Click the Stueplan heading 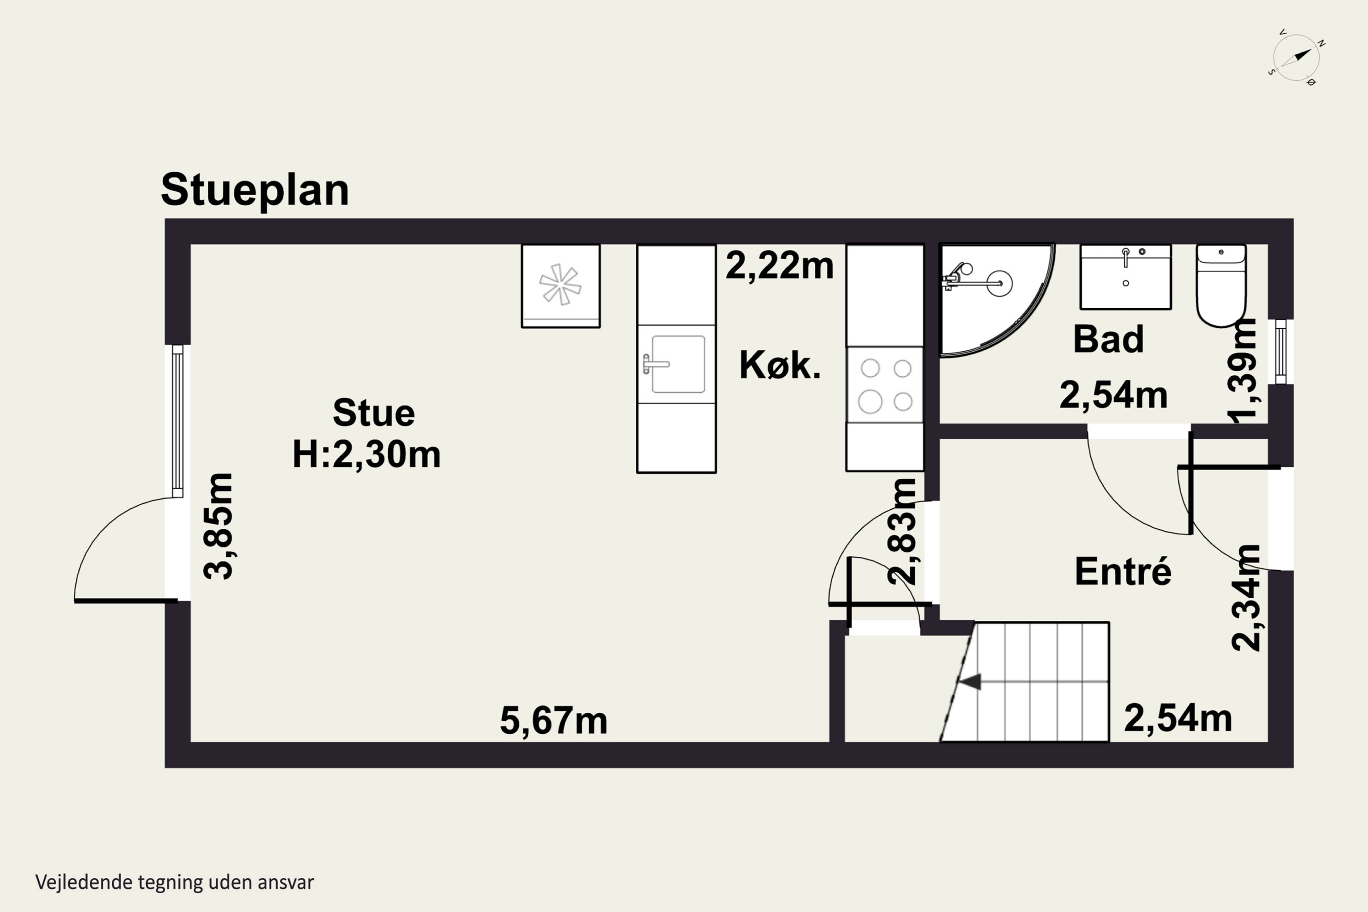255,190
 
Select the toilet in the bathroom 1221,285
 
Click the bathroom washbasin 1125,277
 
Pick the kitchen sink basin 678,364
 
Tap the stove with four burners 885,384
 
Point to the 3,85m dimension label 219,526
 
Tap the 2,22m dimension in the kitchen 779,266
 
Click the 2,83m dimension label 902,531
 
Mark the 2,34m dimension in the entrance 1246,598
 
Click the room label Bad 1108,339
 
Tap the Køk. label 780,365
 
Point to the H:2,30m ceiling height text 367,454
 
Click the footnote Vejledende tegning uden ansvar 175,882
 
